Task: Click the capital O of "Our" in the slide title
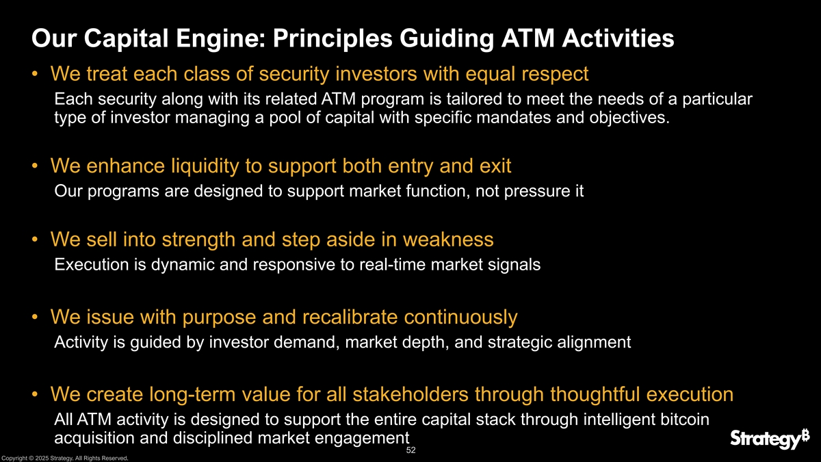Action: coord(42,38)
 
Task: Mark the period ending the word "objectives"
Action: coord(668,123)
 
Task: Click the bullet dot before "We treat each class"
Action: coord(35,74)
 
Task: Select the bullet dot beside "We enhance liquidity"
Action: coord(35,166)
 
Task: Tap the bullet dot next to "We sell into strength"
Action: coord(35,240)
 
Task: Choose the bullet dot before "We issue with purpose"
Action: coord(35,317)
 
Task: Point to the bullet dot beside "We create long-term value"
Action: coord(35,394)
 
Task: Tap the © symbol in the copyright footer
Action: coord(31,458)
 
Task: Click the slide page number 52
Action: coord(411,450)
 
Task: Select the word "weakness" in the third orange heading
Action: coord(448,240)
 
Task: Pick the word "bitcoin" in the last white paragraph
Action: coord(685,420)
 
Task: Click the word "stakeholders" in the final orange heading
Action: coord(410,394)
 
